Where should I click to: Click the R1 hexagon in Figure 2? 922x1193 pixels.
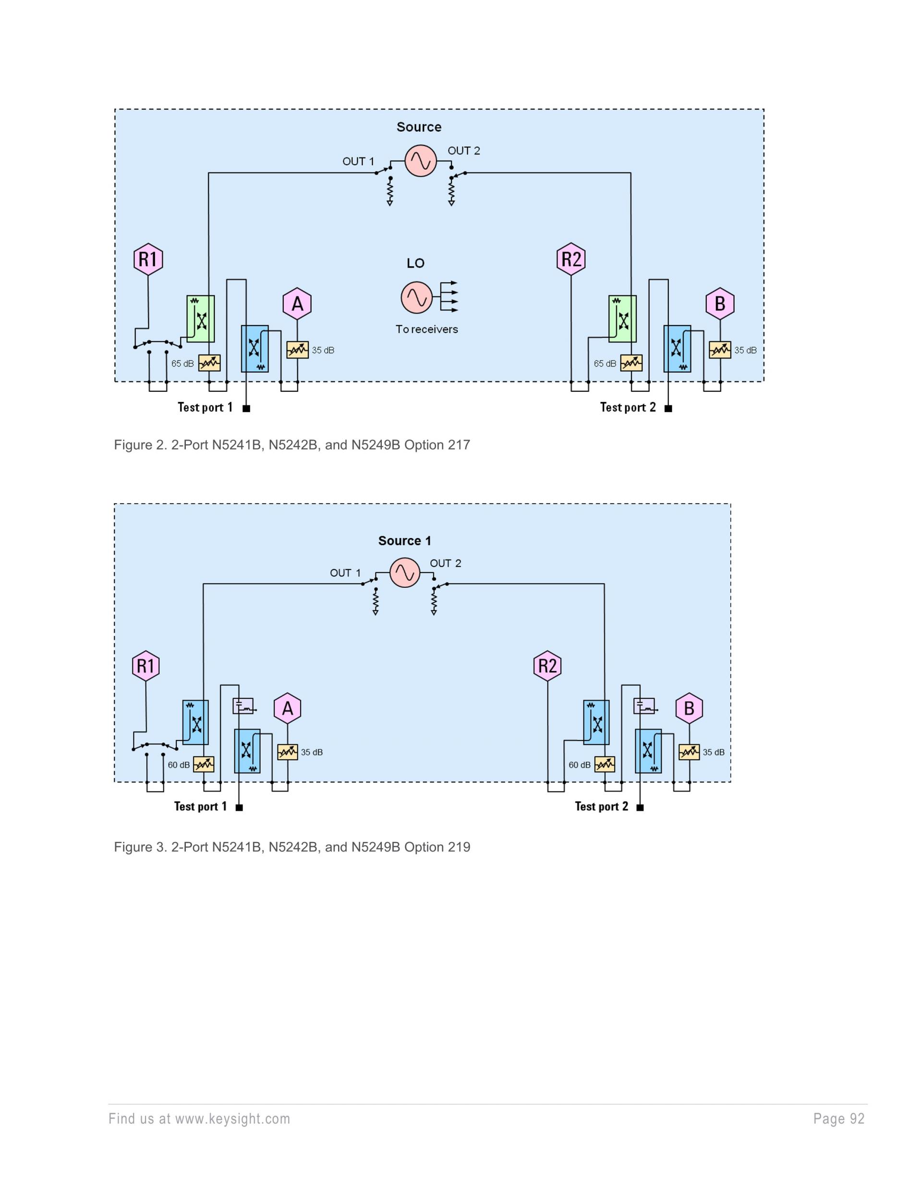click(148, 259)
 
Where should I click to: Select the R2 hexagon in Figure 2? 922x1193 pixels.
click(571, 258)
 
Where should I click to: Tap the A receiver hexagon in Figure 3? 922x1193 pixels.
click(287, 708)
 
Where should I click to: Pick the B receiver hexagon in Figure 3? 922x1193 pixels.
click(689, 708)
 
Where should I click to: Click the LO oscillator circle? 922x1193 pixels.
click(416, 298)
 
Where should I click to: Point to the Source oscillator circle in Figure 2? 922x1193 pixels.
click(421, 160)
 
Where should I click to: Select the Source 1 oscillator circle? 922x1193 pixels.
click(405, 572)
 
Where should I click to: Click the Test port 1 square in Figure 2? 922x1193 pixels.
click(246, 409)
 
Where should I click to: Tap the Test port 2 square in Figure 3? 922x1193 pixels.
click(640, 807)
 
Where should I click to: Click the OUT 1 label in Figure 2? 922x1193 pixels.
click(358, 162)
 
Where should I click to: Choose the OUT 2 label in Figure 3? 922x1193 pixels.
click(445, 563)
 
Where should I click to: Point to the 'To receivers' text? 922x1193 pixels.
click(426, 329)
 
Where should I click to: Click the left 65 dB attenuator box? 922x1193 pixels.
click(209, 363)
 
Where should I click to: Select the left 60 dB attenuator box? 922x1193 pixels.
click(204, 764)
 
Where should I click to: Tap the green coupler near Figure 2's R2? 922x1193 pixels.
click(623, 319)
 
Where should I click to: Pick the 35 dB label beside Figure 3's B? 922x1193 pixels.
click(713, 752)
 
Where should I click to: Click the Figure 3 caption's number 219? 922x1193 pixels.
click(459, 847)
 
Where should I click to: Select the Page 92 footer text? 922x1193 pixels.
click(838, 1119)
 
